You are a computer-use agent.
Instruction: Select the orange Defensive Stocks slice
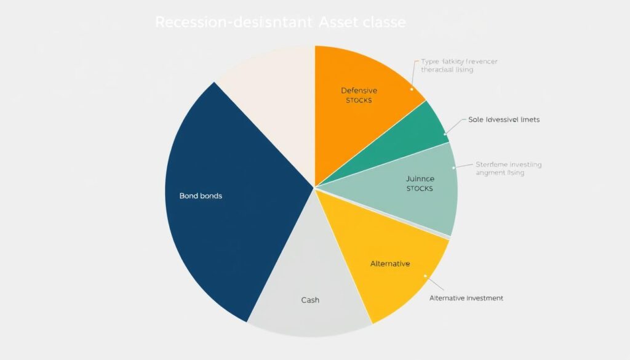(x=363, y=117)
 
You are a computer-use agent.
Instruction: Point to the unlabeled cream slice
(x=271, y=98)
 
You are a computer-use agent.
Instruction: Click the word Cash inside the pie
(x=310, y=300)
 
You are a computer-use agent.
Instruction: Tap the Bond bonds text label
(x=201, y=196)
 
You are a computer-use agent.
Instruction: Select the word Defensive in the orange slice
(x=359, y=90)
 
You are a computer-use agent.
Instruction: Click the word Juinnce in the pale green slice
(x=420, y=179)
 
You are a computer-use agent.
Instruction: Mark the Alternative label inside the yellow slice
(x=390, y=263)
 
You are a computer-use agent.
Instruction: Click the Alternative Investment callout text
(x=466, y=298)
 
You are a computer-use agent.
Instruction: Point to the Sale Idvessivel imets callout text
(x=504, y=119)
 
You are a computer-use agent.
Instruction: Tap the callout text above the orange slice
(x=459, y=66)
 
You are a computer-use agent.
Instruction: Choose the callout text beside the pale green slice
(x=509, y=169)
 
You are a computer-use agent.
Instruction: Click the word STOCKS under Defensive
(x=359, y=100)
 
